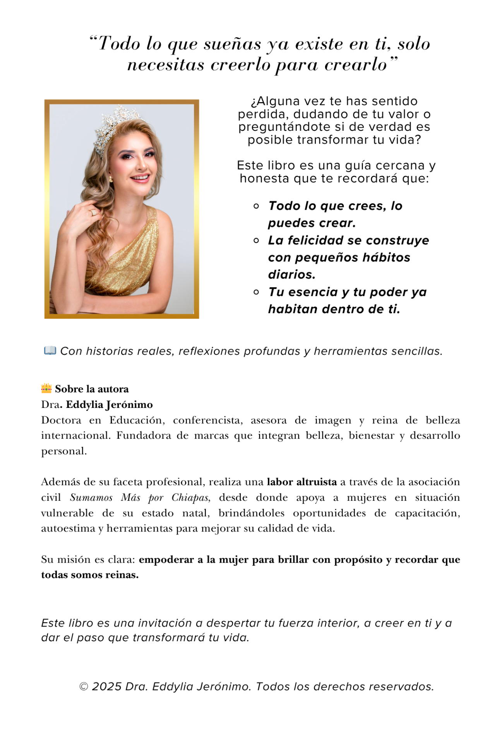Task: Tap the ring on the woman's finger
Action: [93, 212]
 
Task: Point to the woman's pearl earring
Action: [111, 179]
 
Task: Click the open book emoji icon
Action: [50, 351]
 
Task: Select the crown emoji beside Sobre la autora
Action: [46, 388]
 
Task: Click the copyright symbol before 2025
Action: [84, 687]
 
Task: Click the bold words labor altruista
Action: [301, 482]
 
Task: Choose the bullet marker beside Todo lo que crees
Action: [256, 206]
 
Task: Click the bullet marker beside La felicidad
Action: [256, 241]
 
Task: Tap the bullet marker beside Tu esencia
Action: [256, 292]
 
